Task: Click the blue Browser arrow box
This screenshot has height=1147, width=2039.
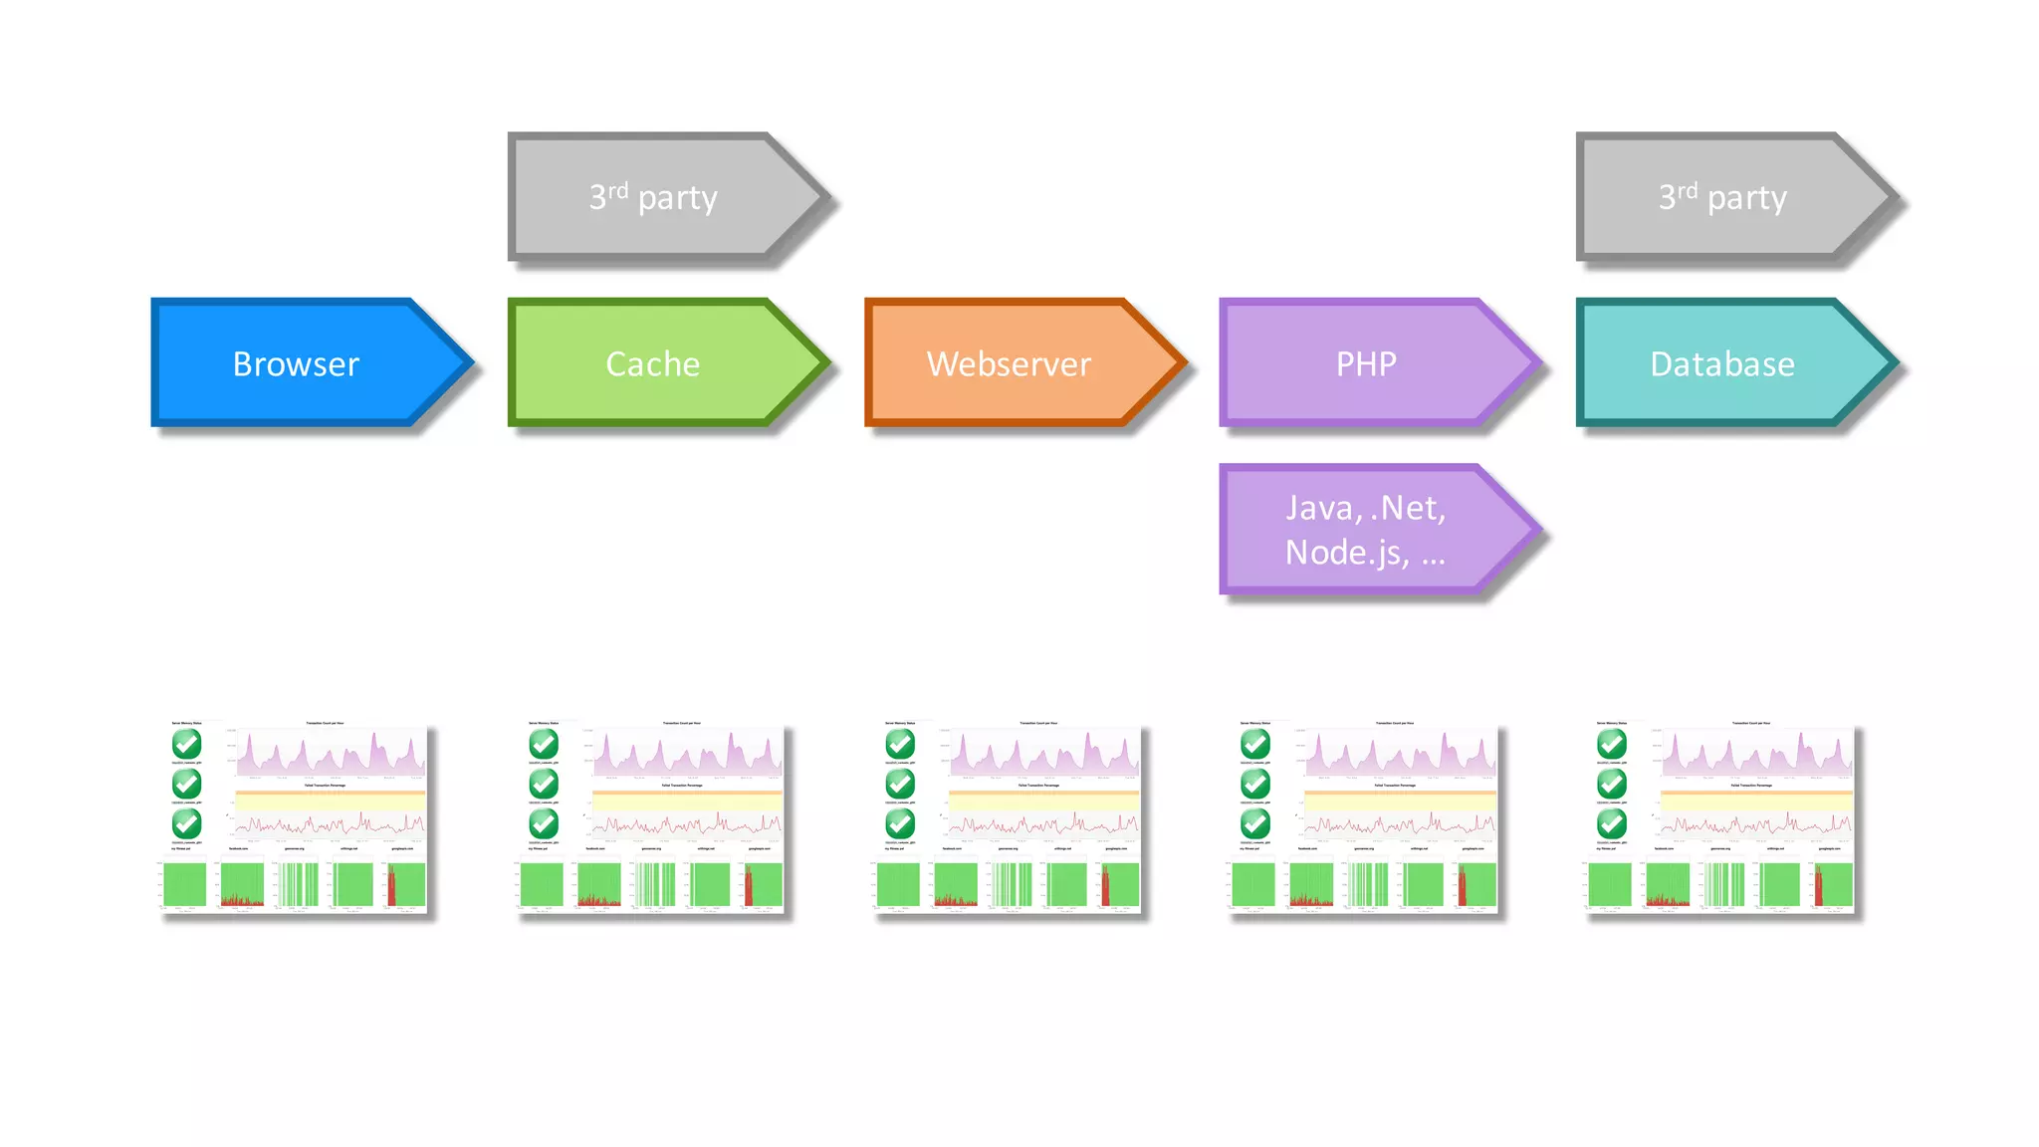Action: point(296,363)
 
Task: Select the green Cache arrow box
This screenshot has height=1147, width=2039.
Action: point(652,363)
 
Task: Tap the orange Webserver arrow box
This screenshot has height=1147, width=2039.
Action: point(1009,363)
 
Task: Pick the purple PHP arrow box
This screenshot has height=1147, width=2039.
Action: point(1365,363)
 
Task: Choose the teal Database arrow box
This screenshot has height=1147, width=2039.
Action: point(1721,363)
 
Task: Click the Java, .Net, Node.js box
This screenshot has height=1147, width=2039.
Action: point(1365,529)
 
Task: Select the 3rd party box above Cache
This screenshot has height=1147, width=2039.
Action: point(652,197)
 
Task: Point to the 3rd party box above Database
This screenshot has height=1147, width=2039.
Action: point(1721,197)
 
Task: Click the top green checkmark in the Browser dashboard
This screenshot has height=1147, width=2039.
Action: point(186,744)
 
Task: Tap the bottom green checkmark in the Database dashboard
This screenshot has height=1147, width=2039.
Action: point(1612,823)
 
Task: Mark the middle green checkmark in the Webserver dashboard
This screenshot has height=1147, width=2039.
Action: point(900,784)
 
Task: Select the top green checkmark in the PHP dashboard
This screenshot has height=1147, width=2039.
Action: point(1255,744)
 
